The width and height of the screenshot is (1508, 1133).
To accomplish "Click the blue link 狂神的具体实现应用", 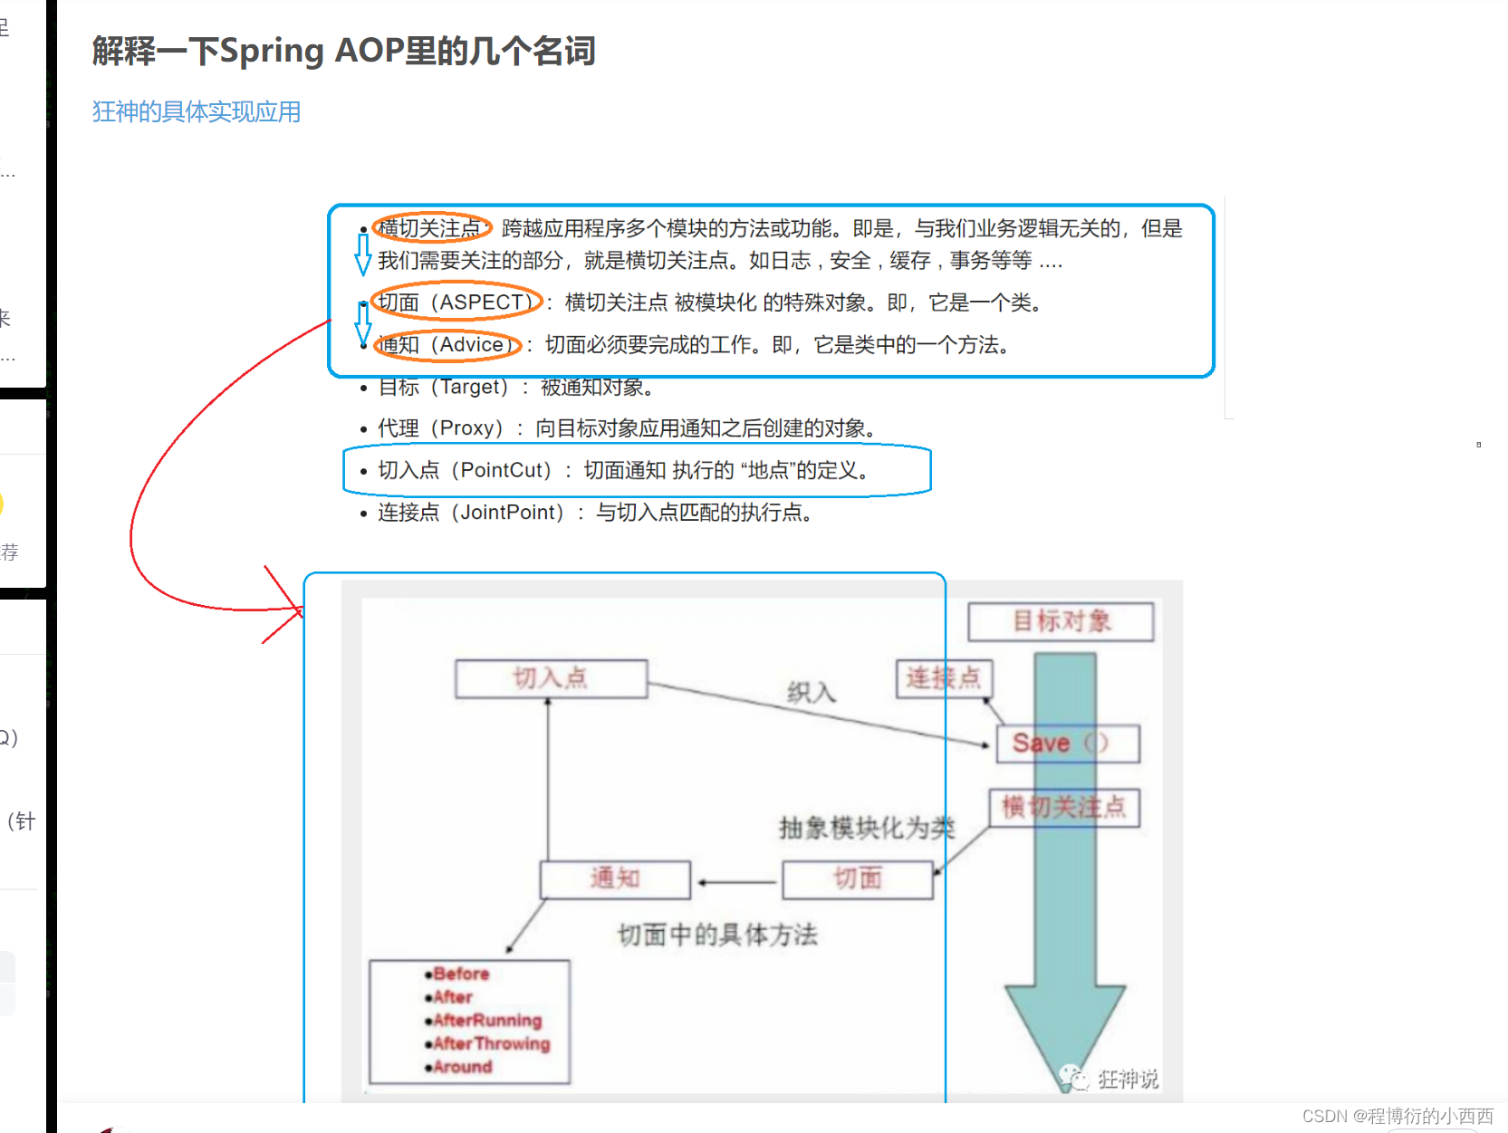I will click(x=197, y=111).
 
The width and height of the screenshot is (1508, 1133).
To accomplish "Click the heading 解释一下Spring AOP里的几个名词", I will click(x=343, y=51).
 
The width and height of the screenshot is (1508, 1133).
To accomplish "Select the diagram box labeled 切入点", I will click(x=551, y=678).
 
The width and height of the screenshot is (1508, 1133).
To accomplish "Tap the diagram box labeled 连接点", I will click(x=943, y=677).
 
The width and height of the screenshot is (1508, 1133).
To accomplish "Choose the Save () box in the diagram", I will click(x=1066, y=744).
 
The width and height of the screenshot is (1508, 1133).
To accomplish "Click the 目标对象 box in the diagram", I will click(x=1061, y=621).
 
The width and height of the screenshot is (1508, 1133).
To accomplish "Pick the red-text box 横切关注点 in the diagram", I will click(x=1063, y=807).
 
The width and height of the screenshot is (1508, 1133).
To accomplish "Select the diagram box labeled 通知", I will click(x=615, y=879).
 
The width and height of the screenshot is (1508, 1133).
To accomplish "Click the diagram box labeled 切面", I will click(x=857, y=879).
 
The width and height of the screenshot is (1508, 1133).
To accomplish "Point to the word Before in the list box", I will click(x=461, y=974).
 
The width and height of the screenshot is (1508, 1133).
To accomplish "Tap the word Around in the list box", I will click(x=462, y=1067).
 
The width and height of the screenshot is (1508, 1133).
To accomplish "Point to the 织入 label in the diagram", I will click(x=811, y=693).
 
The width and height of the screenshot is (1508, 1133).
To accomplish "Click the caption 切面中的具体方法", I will click(x=717, y=935).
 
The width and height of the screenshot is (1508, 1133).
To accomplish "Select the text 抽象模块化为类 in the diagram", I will click(x=866, y=827).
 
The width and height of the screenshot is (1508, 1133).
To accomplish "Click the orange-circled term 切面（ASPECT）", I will click(x=456, y=302).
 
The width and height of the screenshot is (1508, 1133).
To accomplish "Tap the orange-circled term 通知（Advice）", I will click(x=446, y=344).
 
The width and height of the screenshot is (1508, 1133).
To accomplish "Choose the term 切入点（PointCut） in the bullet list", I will click(x=465, y=470).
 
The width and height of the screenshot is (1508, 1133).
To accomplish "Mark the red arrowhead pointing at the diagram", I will click(x=297, y=610).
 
